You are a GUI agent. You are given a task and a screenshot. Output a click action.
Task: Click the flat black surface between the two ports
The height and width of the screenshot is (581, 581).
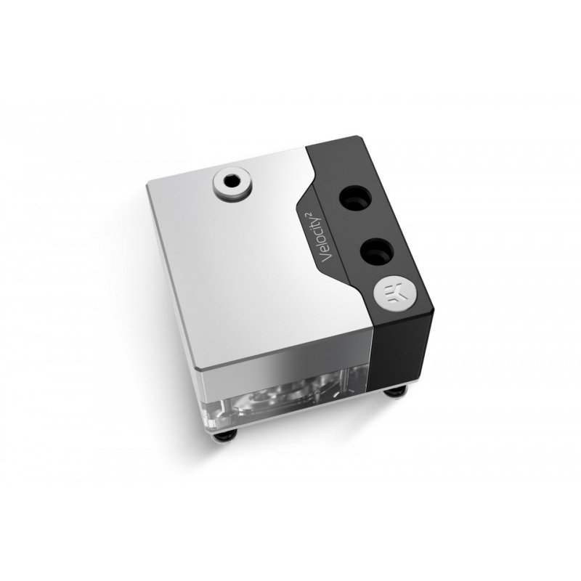point(366,224)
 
